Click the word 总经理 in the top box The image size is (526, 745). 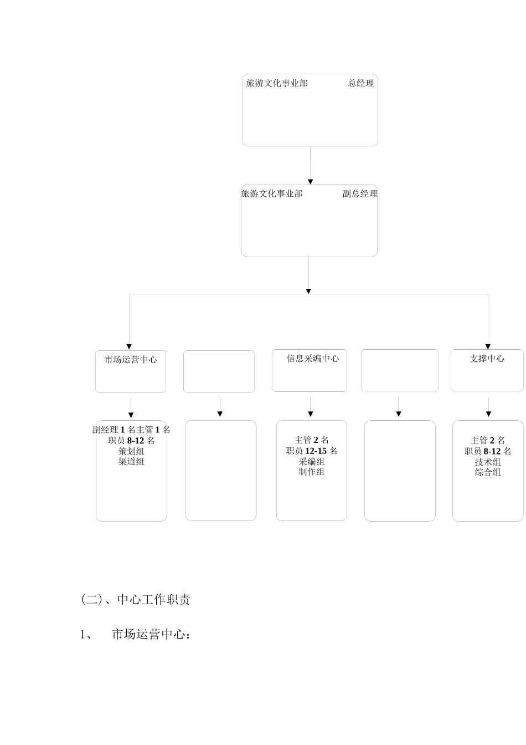tap(361, 83)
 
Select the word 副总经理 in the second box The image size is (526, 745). tap(360, 193)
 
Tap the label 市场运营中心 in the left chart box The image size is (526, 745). tap(131, 360)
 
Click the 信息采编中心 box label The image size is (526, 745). tap(312, 359)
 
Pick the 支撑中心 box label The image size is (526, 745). tap(487, 359)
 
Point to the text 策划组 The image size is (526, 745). tap(131, 451)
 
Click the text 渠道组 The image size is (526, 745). tap(131, 461)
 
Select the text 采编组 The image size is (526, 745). tap(312, 462)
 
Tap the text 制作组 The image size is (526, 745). tap(312, 472)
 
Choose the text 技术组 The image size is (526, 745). tap(488, 462)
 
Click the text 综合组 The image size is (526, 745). tap(488, 472)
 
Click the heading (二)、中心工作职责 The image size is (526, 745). tap(136, 600)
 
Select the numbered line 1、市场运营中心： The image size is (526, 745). tap(136, 635)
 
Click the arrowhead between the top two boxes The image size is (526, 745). tap(310, 182)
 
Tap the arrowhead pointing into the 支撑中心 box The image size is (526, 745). tap(488, 346)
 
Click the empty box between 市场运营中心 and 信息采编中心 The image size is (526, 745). tap(219, 371)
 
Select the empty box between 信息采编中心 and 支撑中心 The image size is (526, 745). tap(399, 370)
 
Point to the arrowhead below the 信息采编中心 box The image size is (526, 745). tap(310, 414)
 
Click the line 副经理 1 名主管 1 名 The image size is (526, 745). tap(131, 430)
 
